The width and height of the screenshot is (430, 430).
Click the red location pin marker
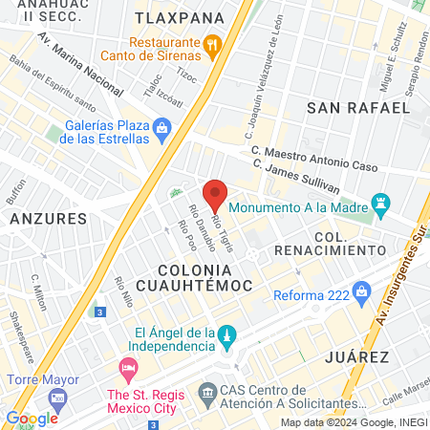[215, 194]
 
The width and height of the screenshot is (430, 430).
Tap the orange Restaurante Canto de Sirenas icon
[213, 43]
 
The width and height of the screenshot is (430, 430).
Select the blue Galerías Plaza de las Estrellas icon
[161, 126]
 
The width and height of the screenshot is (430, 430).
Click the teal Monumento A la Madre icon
[382, 203]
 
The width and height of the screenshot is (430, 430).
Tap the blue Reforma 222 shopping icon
[361, 290]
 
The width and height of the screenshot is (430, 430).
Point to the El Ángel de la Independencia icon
[226, 335]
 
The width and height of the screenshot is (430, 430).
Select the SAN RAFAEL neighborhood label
[345, 109]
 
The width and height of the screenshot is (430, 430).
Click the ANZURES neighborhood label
[49, 219]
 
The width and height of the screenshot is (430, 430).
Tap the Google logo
[32, 418]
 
